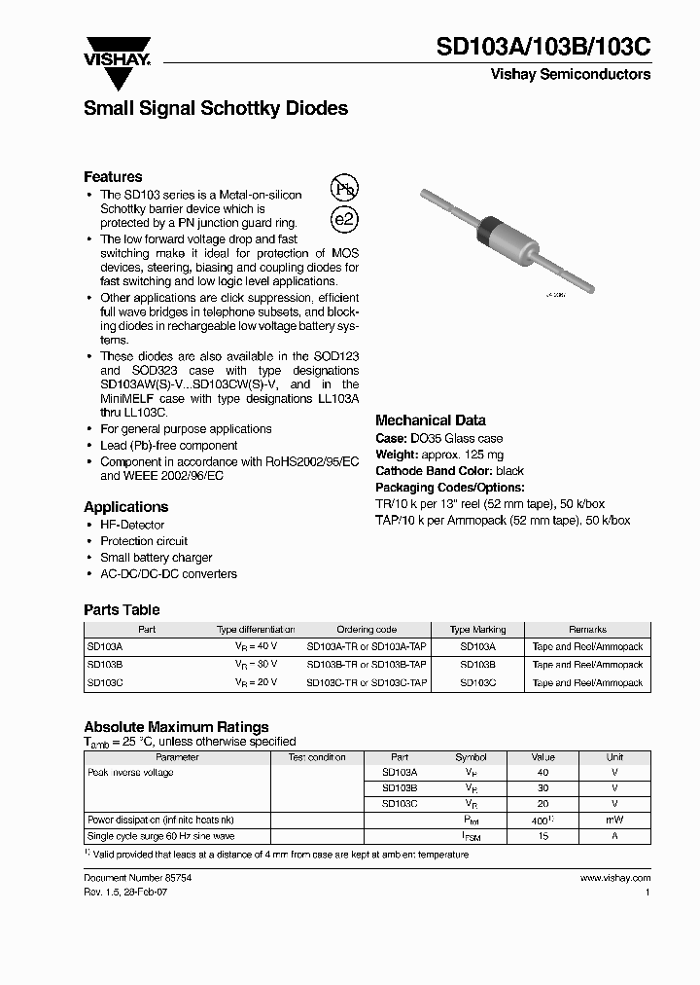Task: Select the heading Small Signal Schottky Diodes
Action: coord(216,109)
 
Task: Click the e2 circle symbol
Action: coord(344,219)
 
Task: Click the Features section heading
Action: coord(113,177)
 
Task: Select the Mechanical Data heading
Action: coord(431,420)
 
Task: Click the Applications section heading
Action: coord(125,507)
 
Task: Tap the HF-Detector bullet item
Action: coord(134,525)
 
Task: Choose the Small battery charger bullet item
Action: coord(156,558)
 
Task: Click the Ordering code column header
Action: coord(367,630)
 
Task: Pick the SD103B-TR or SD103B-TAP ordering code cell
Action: coord(367,665)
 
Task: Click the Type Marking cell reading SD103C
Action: coord(477,683)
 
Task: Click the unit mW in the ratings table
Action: coord(614,821)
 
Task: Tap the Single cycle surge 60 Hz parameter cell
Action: coord(160,836)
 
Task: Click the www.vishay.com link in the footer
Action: coord(614,878)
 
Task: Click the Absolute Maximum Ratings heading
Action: coord(176,727)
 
